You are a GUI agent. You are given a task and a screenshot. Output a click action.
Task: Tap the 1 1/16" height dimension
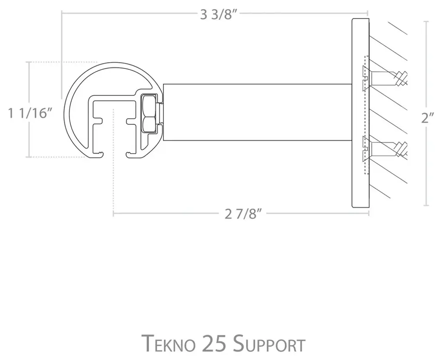point(30,114)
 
